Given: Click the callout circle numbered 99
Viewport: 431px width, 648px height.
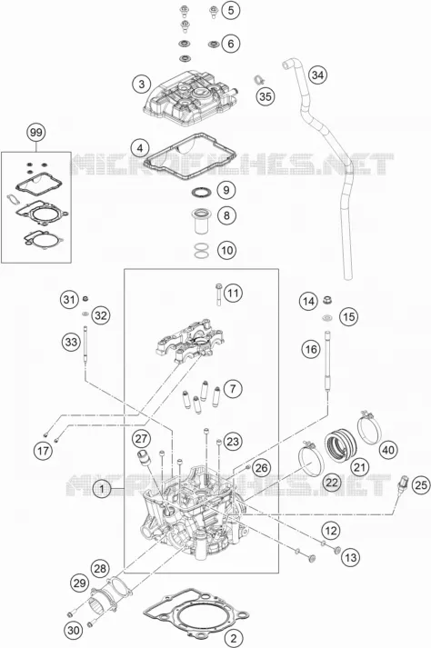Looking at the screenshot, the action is pyautogui.click(x=36, y=133).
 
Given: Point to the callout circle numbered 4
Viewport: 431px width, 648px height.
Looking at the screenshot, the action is pyautogui.click(x=140, y=148).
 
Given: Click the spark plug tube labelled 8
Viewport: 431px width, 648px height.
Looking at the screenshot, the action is pyautogui.click(x=201, y=222).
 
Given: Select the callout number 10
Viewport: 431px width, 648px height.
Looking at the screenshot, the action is pyautogui.click(x=227, y=250).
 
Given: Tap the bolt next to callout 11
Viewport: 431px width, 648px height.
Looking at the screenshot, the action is pyautogui.click(x=217, y=294).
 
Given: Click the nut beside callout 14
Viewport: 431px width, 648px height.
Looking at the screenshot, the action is pyautogui.click(x=327, y=299).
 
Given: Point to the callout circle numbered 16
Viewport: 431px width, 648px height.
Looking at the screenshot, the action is pyautogui.click(x=311, y=350).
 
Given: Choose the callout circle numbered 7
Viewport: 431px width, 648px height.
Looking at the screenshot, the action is pyautogui.click(x=233, y=388).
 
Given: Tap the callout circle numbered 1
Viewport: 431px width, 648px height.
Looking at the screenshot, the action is pyautogui.click(x=102, y=490).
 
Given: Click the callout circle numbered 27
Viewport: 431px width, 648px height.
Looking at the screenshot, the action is pyautogui.click(x=141, y=438).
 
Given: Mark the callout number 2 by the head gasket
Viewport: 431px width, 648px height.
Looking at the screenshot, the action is pyautogui.click(x=234, y=638).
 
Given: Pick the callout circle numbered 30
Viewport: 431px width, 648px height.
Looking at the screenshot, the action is pyautogui.click(x=74, y=631).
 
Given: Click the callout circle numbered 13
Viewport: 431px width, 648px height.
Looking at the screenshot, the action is pyautogui.click(x=350, y=557).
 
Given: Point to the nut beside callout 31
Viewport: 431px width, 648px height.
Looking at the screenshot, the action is pyautogui.click(x=86, y=298).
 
